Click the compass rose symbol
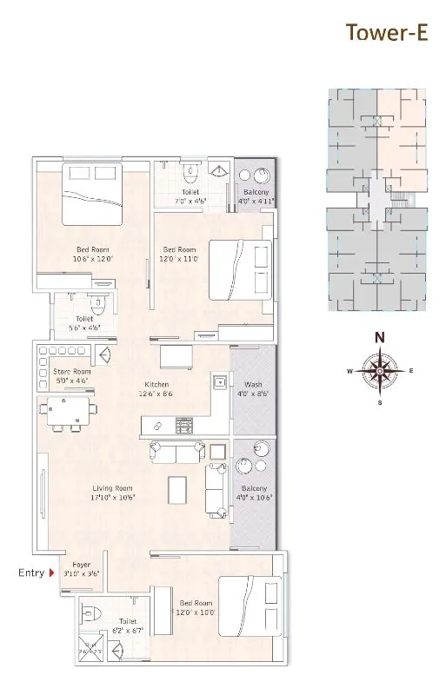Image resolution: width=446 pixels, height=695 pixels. click(x=379, y=370)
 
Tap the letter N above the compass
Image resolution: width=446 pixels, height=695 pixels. click(x=379, y=338)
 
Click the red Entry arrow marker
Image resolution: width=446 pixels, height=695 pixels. click(x=52, y=573)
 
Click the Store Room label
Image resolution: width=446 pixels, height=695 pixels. click(x=70, y=375)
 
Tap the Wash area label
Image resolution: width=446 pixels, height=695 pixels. click(x=253, y=388)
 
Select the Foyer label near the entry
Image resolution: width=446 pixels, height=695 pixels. click(x=82, y=568)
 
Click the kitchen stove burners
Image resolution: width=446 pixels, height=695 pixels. click(x=184, y=426)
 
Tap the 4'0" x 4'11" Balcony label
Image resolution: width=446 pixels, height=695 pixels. click(x=256, y=196)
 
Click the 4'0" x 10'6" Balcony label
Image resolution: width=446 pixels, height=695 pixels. click(x=253, y=493)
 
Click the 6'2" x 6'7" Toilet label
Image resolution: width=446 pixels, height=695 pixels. click(x=129, y=625)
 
